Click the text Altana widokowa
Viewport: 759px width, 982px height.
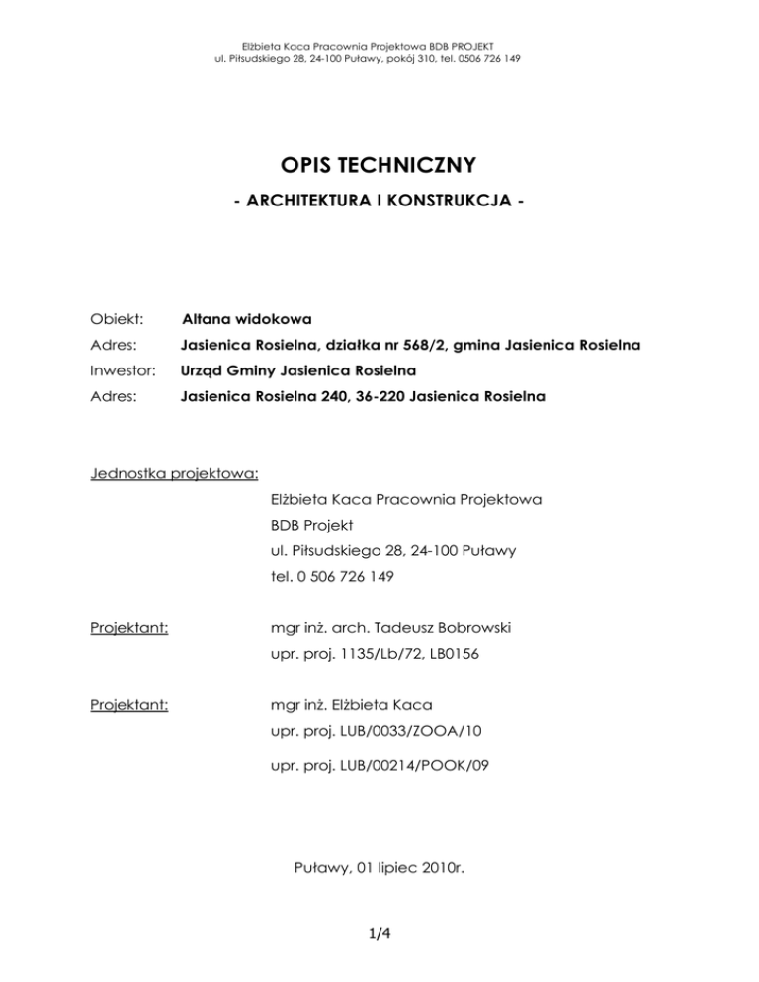coord(247,319)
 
